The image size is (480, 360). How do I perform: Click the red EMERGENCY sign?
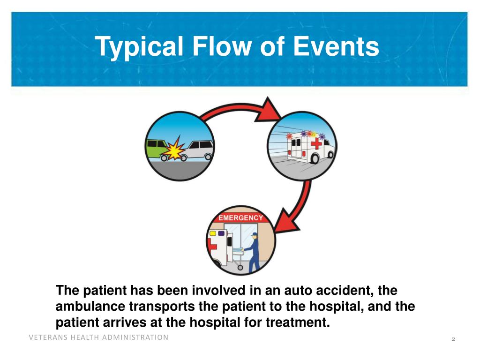pyautogui.click(x=241, y=218)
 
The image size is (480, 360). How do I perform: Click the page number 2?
pyautogui.click(x=453, y=339)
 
